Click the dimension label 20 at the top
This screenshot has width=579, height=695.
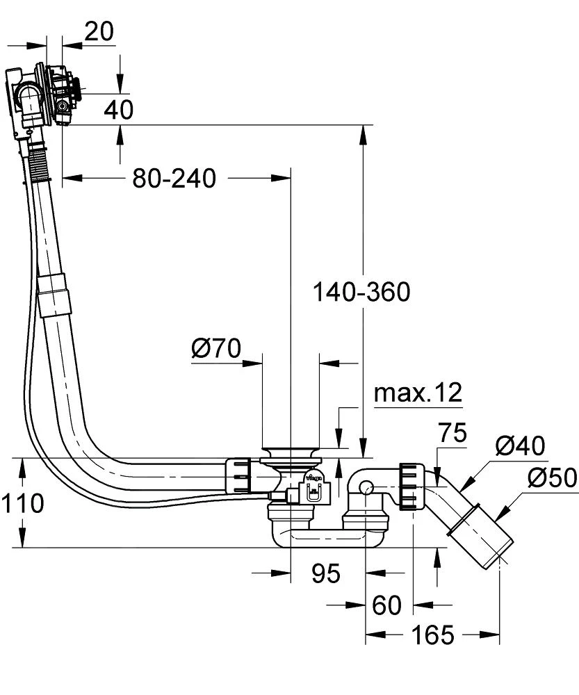click(x=99, y=31)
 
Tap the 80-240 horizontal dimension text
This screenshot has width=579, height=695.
click(x=174, y=179)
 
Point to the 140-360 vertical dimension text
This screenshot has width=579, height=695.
click(x=361, y=292)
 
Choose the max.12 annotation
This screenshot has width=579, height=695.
click(x=418, y=393)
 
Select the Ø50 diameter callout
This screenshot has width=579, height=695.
click(x=552, y=478)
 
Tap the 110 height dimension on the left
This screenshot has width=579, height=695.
click(x=23, y=503)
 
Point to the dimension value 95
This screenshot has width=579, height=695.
click(x=325, y=573)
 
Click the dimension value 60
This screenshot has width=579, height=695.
click(x=386, y=605)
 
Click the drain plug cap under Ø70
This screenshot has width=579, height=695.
click(x=291, y=453)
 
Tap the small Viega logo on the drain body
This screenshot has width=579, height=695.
click(x=313, y=477)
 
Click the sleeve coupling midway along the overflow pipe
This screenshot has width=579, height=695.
click(x=54, y=295)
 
